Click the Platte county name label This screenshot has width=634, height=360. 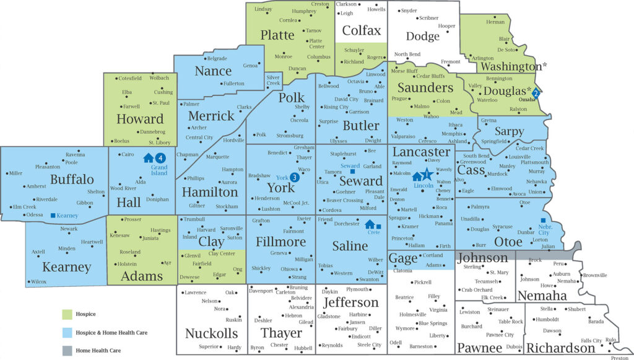click(x=277, y=35)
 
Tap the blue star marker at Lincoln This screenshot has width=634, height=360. click(x=427, y=175)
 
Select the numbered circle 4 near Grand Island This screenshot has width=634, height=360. click(x=160, y=158)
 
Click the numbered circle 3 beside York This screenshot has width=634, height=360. click(x=295, y=177)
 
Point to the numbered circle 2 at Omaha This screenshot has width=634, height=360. click(x=537, y=93)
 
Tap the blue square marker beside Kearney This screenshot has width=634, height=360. click(x=53, y=216)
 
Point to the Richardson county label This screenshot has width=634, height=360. click(x=560, y=348)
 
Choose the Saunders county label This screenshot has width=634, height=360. click(x=425, y=88)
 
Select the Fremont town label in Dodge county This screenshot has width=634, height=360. click(x=450, y=61)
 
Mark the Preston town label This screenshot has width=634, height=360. click(x=619, y=358)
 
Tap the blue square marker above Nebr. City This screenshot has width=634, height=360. click(x=543, y=221)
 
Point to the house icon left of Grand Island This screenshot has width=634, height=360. click(x=149, y=158)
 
